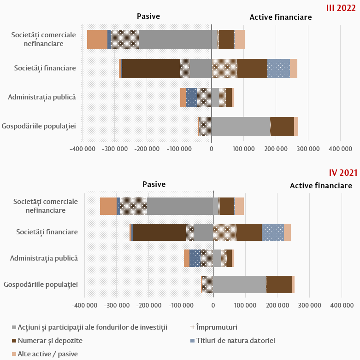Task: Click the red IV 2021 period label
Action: tap(343, 173)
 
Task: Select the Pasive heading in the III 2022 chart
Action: tap(148, 17)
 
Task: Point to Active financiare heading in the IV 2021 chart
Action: tap(321, 186)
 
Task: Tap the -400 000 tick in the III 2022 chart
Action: tap(82, 149)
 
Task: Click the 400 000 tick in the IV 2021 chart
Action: tap(342, 305)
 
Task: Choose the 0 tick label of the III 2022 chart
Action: tap(212, 149)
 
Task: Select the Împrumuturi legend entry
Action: tap(217, 327)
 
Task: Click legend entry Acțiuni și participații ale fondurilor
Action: tap(92, 327)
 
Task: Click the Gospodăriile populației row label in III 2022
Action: tap(39, 126)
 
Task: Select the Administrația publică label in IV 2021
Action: tap(44, 258)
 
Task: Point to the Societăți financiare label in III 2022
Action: tap(45, 68)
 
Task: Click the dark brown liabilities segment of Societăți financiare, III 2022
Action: tap(151, 69)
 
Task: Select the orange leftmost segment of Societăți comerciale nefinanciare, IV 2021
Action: tap(108, 206)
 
